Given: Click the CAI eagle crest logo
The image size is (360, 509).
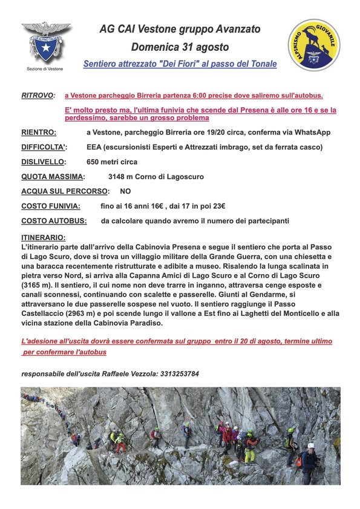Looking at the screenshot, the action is coord(46,42).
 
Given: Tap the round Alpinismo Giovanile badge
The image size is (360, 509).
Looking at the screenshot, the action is coord(314,45).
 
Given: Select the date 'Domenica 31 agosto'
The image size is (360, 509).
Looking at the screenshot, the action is coord(180,47).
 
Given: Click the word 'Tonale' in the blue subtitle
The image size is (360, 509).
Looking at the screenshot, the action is coord(262,64).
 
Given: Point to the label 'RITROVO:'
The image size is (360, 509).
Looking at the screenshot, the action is coord(38,96).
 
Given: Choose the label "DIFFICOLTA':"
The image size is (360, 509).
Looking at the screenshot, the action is coord(44,147).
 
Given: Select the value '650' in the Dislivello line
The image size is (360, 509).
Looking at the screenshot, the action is coord(94,162).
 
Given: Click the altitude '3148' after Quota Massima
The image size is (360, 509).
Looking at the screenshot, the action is coord(118,177).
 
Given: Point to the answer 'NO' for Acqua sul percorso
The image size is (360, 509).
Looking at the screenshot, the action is coord(125,191).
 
